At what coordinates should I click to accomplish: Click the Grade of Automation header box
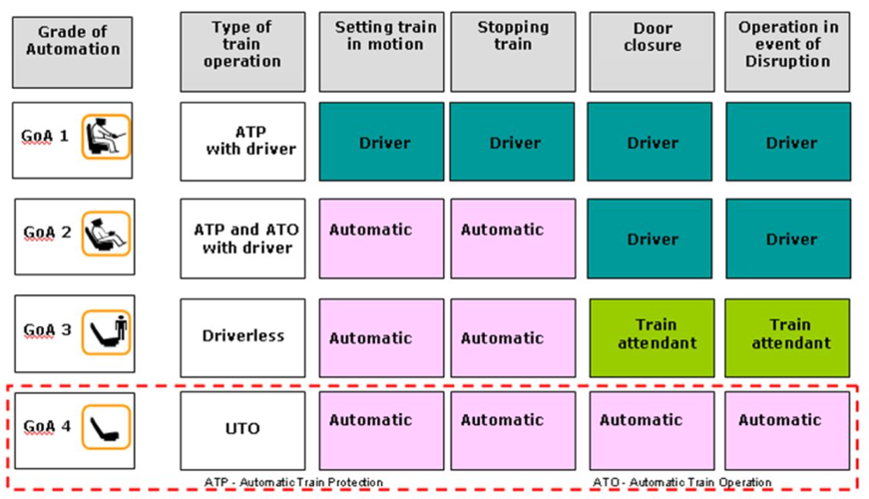pos(73,52)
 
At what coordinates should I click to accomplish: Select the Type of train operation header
pos(242,52)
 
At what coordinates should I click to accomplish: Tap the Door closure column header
pos(652,52)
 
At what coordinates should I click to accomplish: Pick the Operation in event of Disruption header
pos(787,52)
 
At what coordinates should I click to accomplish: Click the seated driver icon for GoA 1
pos(106,137)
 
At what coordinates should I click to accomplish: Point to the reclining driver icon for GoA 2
pos(106,234)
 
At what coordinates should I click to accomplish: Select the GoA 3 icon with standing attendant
pos(106,332)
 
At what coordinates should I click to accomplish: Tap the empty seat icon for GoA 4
pos(106,427)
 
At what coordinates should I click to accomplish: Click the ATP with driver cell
pos(242,142)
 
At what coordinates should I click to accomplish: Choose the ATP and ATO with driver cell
pos(242,239)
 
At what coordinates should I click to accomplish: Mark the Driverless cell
pos(242,337)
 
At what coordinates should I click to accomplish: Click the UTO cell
pos(242,430)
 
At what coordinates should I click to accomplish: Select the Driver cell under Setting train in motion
pos(381,142)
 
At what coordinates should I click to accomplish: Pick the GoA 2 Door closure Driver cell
pos(650,239)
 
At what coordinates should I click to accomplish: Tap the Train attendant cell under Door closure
pos(652,337)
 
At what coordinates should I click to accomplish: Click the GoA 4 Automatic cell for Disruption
pos(787,430)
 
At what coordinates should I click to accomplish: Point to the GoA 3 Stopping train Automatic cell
pos(513,337)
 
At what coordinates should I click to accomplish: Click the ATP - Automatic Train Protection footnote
pos(293,482)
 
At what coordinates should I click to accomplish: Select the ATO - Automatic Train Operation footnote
pos(682,482)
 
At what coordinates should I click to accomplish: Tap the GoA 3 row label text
pos(47,330)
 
